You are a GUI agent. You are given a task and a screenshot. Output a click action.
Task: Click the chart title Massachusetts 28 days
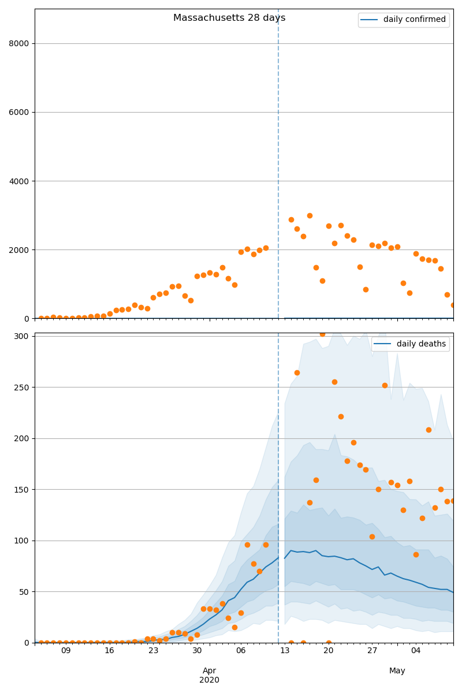[229, 18]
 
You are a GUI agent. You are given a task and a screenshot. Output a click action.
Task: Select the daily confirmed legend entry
[414, 20]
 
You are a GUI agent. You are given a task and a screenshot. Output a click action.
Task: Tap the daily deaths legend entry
[421, 344]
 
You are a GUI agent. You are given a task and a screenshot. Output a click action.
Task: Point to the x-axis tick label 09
[66, 651]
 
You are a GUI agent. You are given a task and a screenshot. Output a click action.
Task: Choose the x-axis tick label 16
[110, 651]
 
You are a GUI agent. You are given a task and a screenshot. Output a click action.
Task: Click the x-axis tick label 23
[153, 651]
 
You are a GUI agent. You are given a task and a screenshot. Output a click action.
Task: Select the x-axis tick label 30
[197, 651]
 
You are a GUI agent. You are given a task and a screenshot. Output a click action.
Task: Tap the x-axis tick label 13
[285, 651]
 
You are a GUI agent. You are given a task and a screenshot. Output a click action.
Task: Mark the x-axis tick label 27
[372, 651]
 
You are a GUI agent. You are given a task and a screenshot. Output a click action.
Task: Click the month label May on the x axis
[397, 670]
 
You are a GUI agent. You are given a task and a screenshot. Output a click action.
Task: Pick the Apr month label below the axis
[209, 670]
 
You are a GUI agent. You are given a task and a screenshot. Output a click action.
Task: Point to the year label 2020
[209, 680]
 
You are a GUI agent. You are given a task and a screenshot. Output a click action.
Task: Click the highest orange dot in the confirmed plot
[310, 215]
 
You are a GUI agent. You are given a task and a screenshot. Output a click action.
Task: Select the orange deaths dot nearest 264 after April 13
[297, 372]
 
